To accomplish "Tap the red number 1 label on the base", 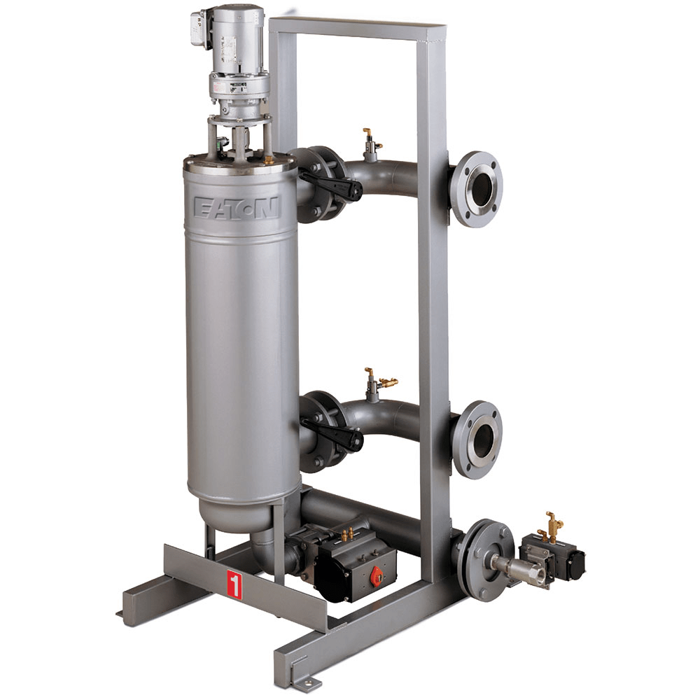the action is [x=234, y=584].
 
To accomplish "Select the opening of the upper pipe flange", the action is [x=482, y=188].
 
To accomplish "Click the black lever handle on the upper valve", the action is [x=330, y=184].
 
